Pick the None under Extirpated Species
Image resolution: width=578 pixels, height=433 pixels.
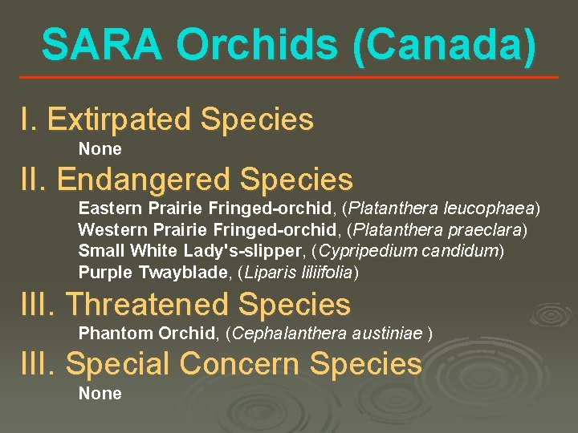[100, 149]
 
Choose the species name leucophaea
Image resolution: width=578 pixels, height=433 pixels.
[488, 208]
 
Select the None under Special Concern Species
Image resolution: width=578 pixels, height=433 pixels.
[100, 394]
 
